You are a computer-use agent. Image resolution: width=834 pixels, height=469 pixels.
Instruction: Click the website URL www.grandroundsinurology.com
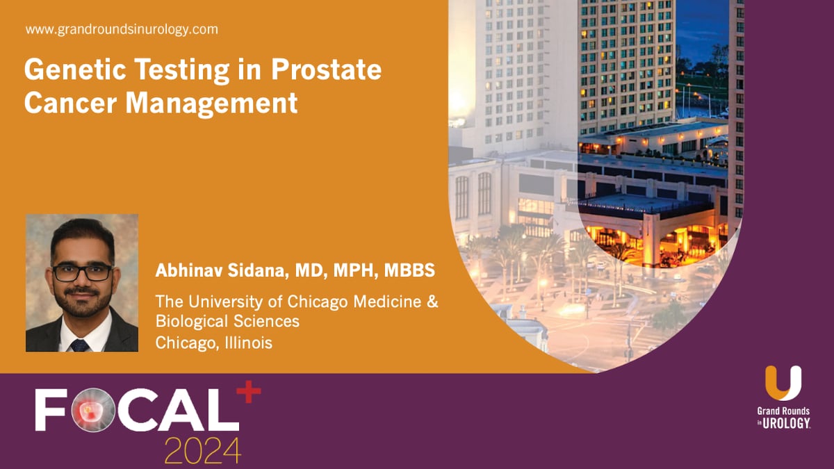(122, 30)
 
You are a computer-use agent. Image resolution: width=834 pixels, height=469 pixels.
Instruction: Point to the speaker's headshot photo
(82, 283)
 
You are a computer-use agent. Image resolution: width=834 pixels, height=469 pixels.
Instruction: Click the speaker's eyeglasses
(82, 272)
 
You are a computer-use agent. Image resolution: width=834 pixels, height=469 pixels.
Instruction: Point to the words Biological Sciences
(227, 322)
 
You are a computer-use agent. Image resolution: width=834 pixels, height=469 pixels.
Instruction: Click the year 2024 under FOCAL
(202, 451)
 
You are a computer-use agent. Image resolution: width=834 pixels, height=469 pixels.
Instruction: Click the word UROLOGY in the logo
(789, 422)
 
